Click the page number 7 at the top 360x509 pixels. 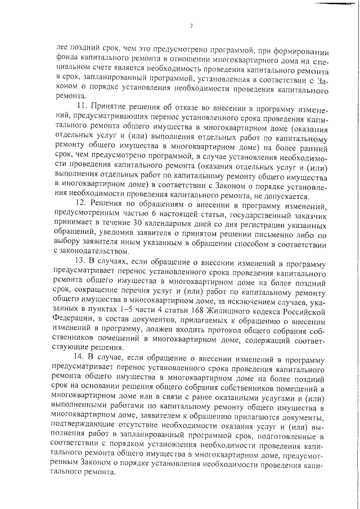point(191,26)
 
